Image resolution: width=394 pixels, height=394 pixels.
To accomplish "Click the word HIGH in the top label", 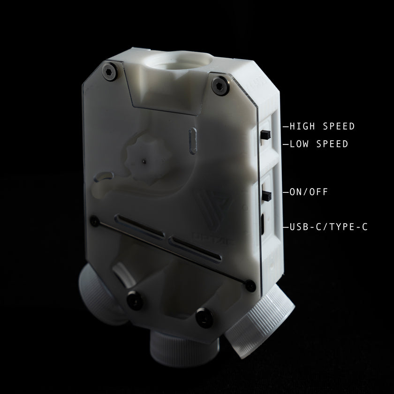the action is tap(302, 126).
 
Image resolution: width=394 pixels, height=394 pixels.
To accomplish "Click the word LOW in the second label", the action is tap(299, 144).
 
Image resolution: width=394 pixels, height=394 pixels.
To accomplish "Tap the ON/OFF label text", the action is tap(309, 192).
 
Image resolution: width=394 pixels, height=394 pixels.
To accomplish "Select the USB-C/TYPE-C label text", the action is tap(329, 227).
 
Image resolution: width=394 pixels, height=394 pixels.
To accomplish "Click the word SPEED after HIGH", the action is tap(339, 126).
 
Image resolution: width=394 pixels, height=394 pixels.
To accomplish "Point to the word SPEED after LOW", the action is tap(332, 144).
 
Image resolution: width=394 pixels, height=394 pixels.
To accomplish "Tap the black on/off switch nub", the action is tap(267, 196).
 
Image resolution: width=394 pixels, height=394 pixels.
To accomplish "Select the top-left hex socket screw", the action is tap(110, 71).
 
